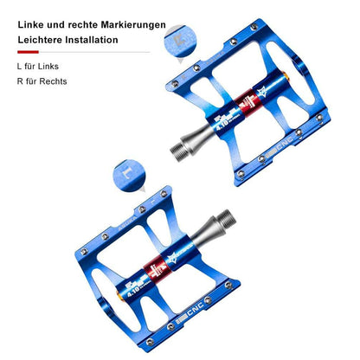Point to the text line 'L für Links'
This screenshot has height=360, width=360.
pyautogui.click(x=37, y=66)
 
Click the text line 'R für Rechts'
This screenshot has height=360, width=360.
pyautogui.click(x=42, y=81)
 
